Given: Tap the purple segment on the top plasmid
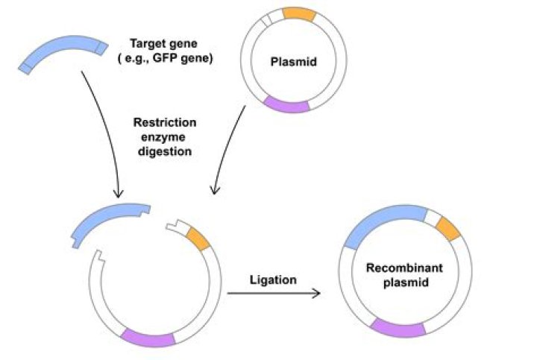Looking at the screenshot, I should tap(286, 106).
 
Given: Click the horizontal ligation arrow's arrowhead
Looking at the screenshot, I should tap(316, 293).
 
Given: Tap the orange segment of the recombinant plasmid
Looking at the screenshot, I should tap(447, 228).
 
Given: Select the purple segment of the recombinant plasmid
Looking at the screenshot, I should tap(398, 328).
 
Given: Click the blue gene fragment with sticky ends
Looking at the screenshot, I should tap(109, 219).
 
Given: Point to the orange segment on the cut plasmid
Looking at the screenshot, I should tap(198, 239).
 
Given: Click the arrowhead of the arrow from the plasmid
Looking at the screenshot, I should tap(214, 192).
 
